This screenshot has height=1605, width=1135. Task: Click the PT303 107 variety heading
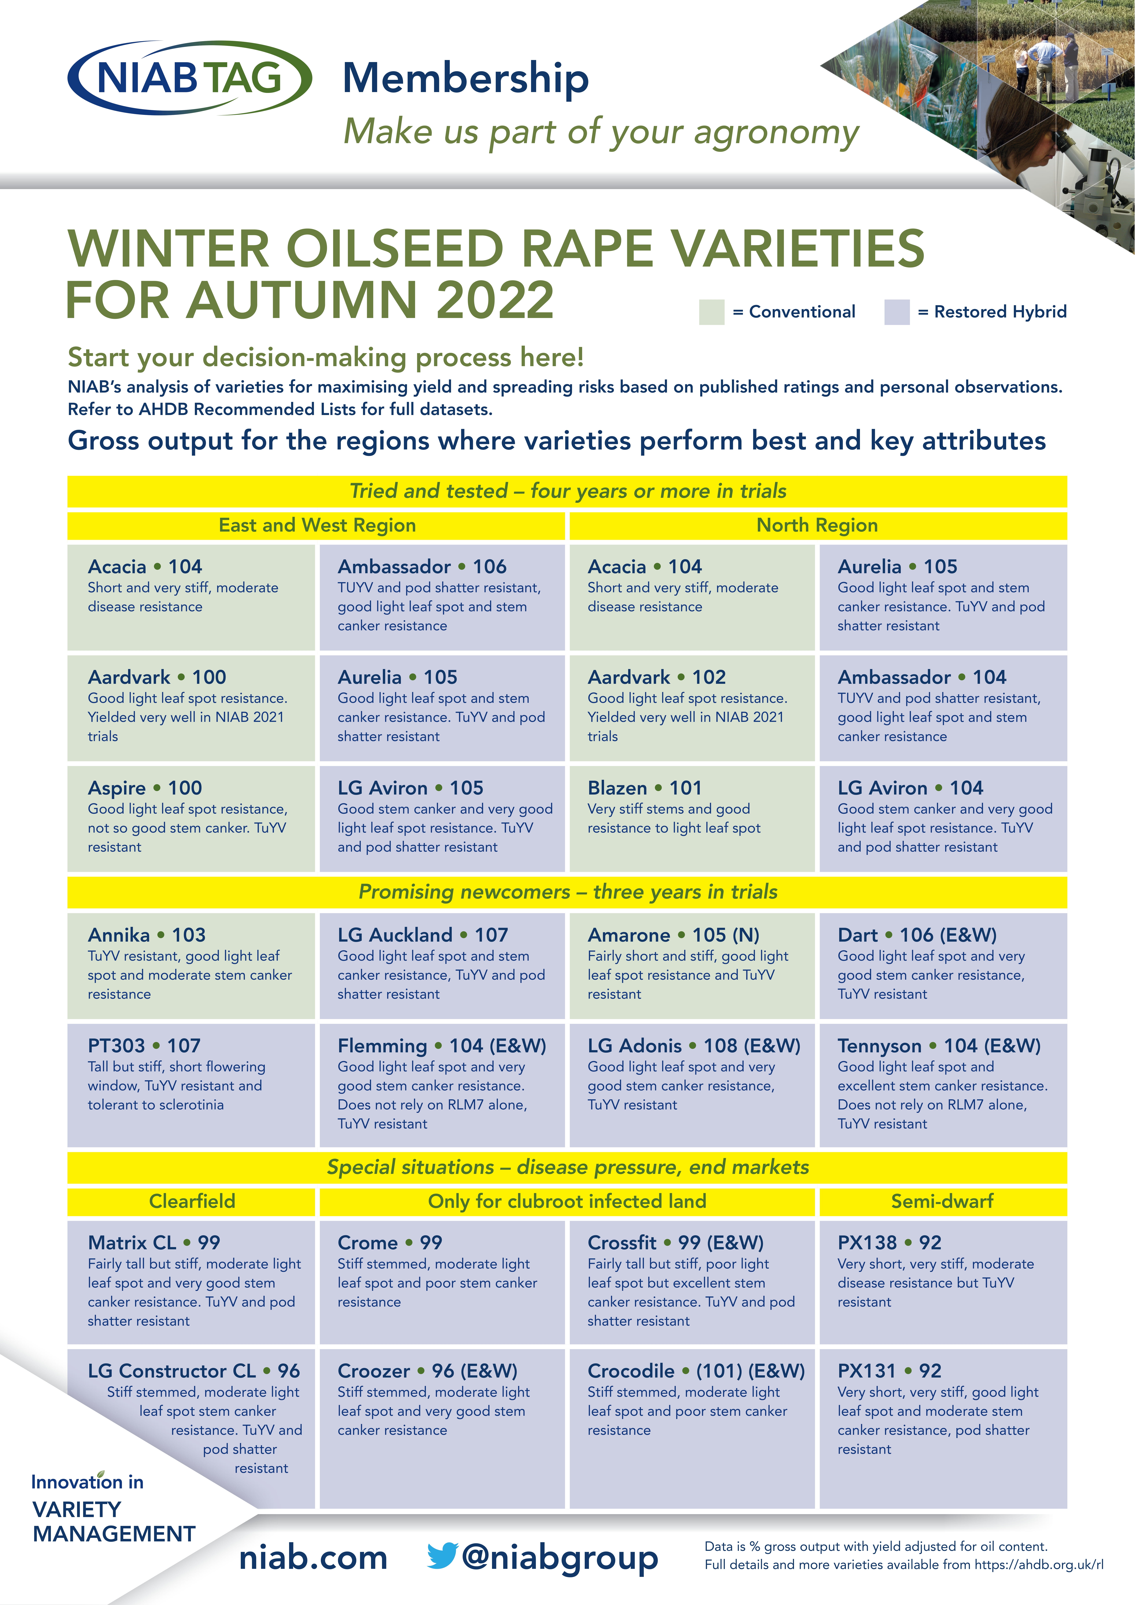(144, 1046)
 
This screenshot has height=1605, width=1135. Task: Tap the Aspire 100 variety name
(145, 788)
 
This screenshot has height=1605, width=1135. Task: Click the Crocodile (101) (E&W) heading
(695, 1371)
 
